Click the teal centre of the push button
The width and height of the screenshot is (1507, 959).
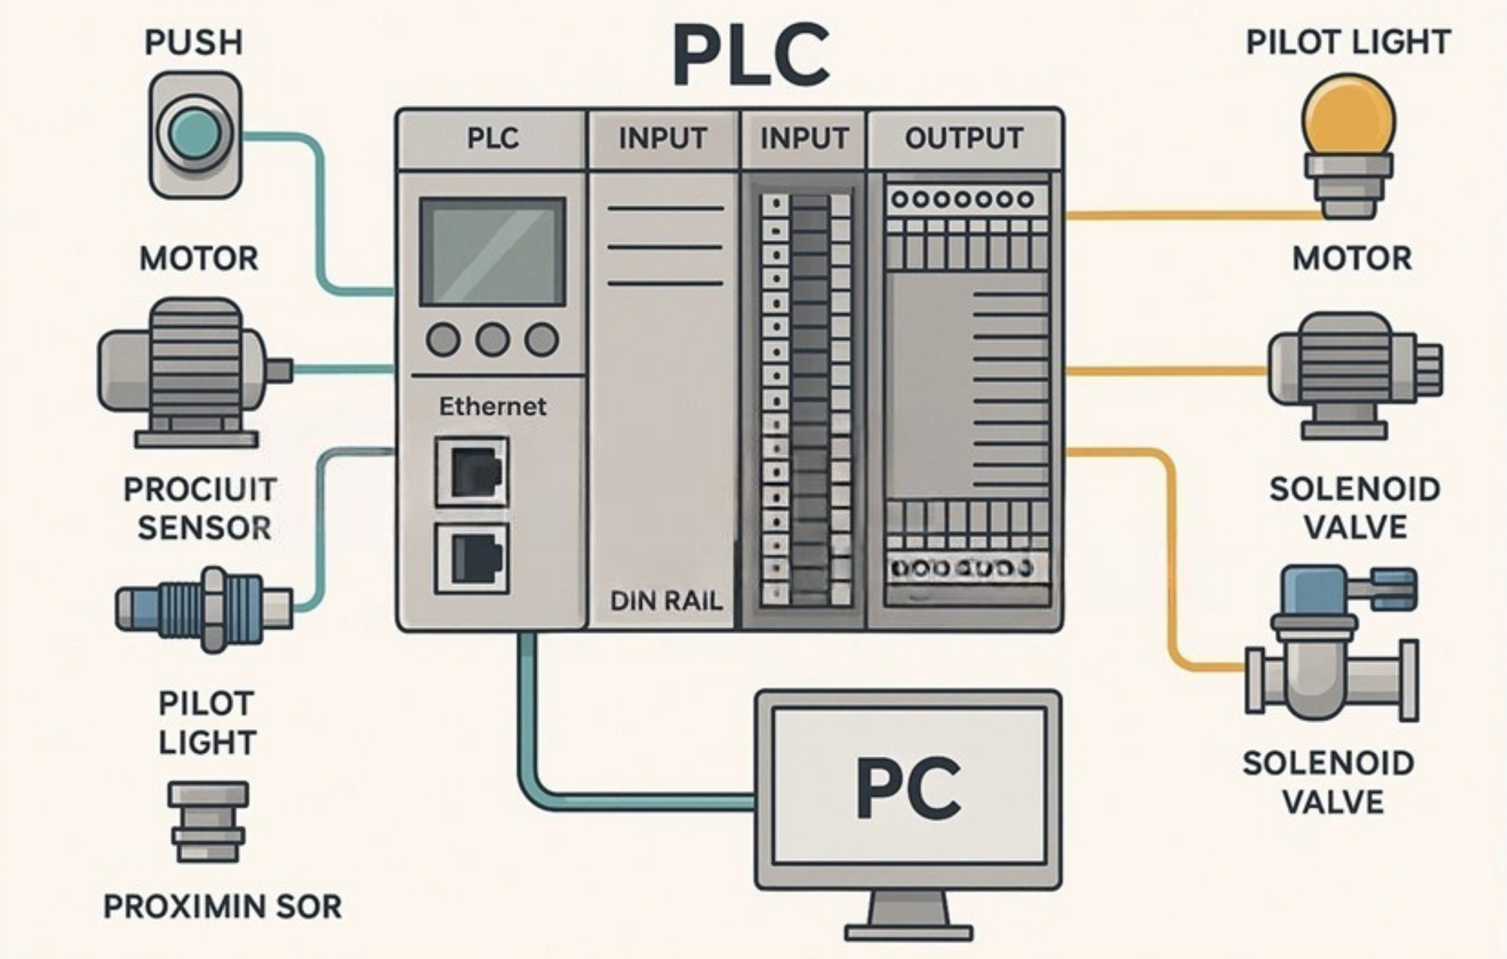tap(195, 132)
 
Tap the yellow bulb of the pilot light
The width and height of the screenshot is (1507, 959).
tap(1349, 119)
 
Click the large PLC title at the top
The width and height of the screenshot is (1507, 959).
tap(752, 55)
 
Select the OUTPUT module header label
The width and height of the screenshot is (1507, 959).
tap(964, 138)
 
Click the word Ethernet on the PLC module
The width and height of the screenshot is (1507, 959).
tap(493, 407)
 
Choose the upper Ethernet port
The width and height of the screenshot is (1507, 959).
tap(472, 472)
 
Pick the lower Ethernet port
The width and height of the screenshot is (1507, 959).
tap(472, 558)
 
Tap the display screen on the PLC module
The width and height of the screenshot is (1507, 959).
tap(493, 251)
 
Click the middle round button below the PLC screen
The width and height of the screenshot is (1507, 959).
tap(493, 340)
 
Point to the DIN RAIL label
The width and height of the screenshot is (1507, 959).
tap(666, 602)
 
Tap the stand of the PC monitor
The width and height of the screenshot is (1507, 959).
tap(909, 917)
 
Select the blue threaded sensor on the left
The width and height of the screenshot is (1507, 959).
tap(204, 608)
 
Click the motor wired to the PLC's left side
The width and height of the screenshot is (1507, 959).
tap(195, 373)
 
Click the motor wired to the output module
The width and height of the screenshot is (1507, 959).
tap(1356, 376)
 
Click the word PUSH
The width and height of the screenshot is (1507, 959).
tap(194, 42)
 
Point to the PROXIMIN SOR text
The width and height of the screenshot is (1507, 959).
tap(222, 907)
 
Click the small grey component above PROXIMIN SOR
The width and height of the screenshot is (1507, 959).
tap(208, 822)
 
